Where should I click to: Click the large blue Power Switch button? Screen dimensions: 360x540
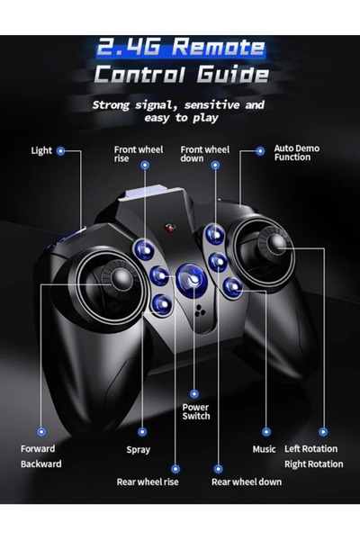pyautogui.click(x=192, y=279)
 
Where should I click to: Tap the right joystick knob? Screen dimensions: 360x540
pyautogui.click(x=275, y=244)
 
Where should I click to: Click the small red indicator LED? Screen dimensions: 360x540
pyautogui.click(x=170, y=228)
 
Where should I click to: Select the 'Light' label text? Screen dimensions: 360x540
pyautogui.click(x=41, y=151)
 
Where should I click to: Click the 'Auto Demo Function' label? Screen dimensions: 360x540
pyautogui.click(x=297, y=153)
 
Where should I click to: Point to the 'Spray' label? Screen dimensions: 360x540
pyautogui.click(x=138, y=450)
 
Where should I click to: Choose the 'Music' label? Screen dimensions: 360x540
pyautogui.click(x=264, y=449)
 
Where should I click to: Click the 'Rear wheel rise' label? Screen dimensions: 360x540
pyautogui.click(x=148, y=481)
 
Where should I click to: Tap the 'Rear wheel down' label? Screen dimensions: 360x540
pyautogui.click(x=247, y=481)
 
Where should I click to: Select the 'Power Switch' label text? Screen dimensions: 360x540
pyautogui.click(x=195, y=412)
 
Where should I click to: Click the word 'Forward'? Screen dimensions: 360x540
pyautogui.click(x=38, y=449)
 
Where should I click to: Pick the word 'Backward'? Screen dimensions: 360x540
pyautogui.click(x=41, y=463)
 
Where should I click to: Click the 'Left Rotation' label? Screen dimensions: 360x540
pyautogui.click(x=310, y=449)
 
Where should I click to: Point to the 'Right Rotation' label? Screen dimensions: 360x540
pyautogui.click(x=313, y=464)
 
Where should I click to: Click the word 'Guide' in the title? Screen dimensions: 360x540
pyautogui.click(x=233, y=74)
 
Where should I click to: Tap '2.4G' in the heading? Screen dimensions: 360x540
pyautogui.click(x=129, y=47)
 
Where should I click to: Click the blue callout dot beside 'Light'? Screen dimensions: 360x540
pyautogui.click(x=60, y=151)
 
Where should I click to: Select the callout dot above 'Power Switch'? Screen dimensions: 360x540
pyautogui.click(x=194, y=393)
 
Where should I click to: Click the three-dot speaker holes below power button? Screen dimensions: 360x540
pyautogui.click(x=200, y=310)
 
